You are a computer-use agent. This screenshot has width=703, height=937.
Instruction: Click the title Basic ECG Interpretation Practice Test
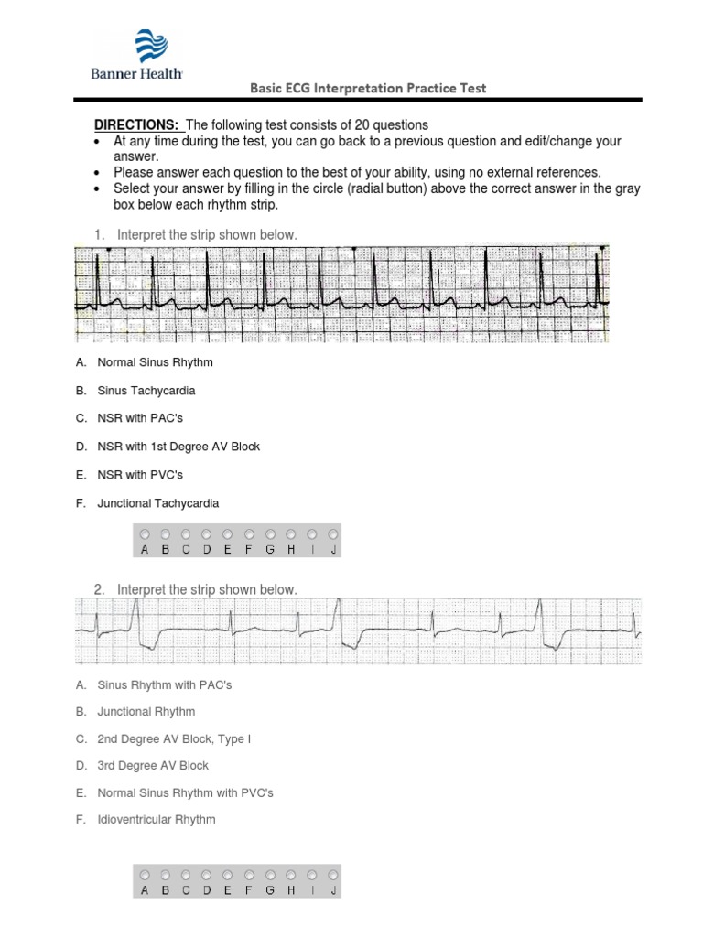click(369, 89)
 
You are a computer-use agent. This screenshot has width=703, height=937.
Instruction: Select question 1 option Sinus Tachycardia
click(146, 391)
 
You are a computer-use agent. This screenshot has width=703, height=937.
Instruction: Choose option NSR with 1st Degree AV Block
click(178, 447)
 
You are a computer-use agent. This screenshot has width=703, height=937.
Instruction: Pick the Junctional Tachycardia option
click(158, 503)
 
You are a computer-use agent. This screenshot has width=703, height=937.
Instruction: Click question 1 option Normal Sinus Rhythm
click(155, 362)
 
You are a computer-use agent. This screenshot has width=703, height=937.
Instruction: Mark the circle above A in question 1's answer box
click(144, 534)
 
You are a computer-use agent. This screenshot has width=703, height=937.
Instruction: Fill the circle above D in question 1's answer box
click(207, 534)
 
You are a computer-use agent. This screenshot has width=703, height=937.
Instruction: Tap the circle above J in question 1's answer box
click(333, 534)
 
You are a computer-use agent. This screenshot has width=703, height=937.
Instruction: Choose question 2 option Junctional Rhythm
click(146, 711)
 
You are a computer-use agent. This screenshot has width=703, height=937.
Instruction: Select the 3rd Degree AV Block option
click(153, 765)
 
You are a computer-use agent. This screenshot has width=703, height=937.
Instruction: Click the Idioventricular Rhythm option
click(156, 819)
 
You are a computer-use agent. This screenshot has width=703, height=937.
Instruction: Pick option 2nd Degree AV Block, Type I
click(173, 738)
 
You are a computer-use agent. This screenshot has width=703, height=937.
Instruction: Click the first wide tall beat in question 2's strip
click(136, 622)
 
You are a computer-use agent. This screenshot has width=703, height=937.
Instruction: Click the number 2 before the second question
click(98, 590)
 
